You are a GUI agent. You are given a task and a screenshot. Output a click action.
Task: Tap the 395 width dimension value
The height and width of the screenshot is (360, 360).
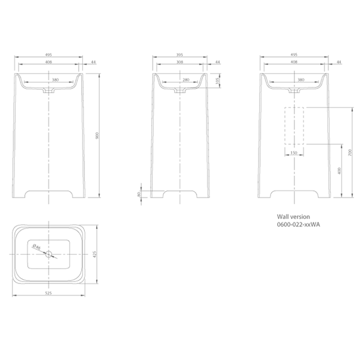point(179,55)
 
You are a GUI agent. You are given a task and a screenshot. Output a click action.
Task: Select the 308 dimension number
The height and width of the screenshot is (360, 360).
point(179,62)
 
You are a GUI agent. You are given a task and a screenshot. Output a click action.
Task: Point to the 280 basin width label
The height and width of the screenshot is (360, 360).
point(186,80)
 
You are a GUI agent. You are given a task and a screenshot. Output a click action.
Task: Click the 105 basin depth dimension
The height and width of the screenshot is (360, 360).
point(218,81)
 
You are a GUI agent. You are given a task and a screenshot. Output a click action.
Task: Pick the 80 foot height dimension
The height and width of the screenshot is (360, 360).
point(138,194)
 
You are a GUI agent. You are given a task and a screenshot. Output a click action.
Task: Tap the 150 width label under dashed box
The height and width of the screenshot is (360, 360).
point(294,153)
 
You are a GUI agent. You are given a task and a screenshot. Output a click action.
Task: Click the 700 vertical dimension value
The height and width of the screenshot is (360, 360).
point(350,153)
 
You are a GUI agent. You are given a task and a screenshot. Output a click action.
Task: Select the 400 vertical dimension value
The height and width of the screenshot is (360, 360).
point(340,171)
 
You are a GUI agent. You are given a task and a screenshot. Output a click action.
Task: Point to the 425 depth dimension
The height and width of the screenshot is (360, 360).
point(95,254)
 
